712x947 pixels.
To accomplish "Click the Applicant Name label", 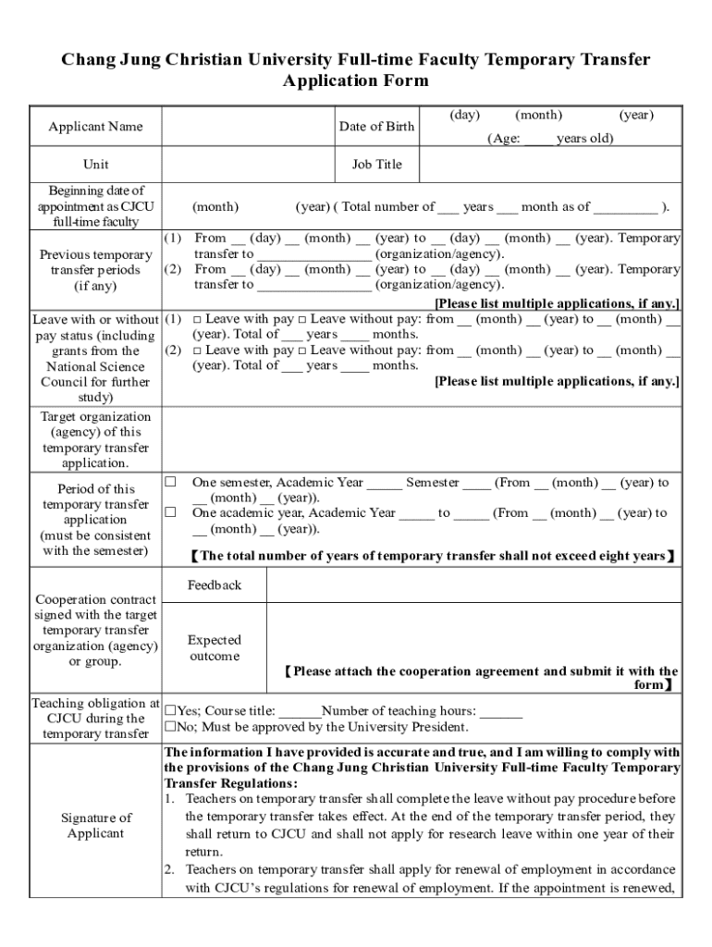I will click(95, 127).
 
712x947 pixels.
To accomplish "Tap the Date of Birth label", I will click(376, 127).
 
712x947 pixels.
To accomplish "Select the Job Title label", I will click(376, 165).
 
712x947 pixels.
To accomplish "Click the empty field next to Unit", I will click(249, 165).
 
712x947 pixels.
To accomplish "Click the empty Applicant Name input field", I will click(249, 127).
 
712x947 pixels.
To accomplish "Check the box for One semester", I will click(171, 482).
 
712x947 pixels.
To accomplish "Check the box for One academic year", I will click(171, 512).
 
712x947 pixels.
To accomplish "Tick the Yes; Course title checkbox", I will click(170, 711).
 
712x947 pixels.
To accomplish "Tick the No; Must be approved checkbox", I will click(170, 727).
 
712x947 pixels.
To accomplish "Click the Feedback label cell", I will click(215, 585).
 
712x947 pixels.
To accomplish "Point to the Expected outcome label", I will click(215, 648).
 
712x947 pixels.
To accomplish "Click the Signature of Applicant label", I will click(95, 825).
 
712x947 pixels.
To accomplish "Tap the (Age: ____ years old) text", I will click(550, 139).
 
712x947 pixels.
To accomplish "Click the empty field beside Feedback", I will click(473, 585).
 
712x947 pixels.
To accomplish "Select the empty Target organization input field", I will click(422, 440).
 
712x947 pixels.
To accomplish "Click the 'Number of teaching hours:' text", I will click(399, 711).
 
